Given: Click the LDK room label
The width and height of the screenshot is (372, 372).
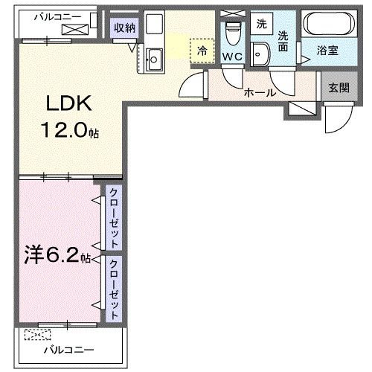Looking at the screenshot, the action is click(x=69, y=103).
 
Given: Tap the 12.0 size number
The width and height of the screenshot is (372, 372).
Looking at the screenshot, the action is click(x=65, y=130).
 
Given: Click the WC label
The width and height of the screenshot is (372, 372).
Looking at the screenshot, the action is click(x=232, y=57).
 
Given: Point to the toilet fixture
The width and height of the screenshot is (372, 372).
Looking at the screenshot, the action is click(x=234, y=33).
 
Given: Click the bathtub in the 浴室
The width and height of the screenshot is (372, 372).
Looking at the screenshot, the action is click(x=329, y=24).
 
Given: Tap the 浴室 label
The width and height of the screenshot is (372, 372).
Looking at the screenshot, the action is click(x=327, y=51).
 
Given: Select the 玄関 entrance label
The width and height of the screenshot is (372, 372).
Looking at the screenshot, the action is click(x=339, y=88).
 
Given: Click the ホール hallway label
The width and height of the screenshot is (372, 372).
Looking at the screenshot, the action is click(x=260, y=93).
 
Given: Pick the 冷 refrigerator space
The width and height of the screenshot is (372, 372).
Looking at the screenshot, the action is click(x=202, y=51).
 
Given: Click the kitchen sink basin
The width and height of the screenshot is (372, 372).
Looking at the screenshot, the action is click(x=154, y=60).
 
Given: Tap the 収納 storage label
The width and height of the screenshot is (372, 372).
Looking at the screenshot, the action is click(x=124, y=28).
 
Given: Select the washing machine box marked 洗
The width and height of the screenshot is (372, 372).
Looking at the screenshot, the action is click(x=262, y=24).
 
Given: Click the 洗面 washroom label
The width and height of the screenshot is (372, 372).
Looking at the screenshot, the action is click(x=283, y=42).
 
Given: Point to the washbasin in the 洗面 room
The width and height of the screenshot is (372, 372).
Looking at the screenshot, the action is click(x=260, y=54).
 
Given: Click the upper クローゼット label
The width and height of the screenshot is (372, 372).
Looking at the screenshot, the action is click(x=114, y=218).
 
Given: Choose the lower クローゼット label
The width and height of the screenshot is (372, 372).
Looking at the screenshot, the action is click(x=114, y=289).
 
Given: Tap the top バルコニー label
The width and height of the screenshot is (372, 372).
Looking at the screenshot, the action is click(x=57, y=17).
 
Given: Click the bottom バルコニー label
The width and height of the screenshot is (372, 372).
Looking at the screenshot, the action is click(x=69, y=350).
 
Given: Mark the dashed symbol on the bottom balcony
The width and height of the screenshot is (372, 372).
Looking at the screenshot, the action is click(x=38, y=335).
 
